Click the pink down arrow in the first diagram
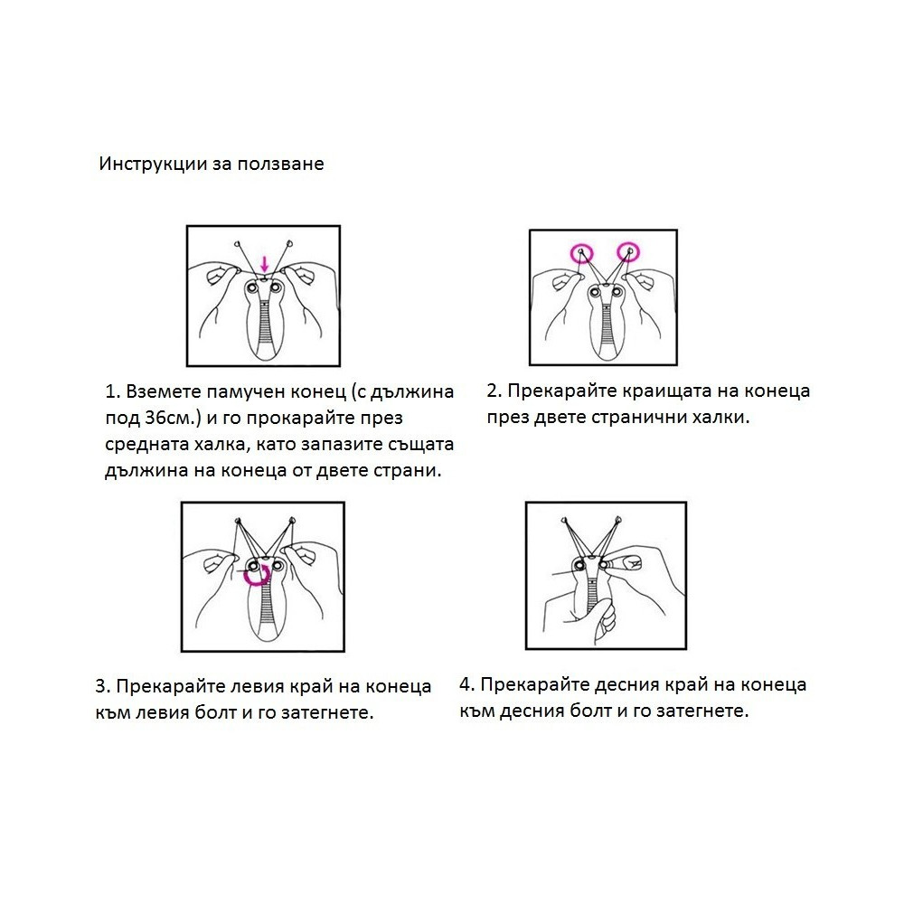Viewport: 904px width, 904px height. pyautogui.click(x=264, y=265)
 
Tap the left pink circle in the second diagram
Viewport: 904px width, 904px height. pyautogui.click(x=581, y=253)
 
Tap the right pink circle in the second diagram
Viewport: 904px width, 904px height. pyautogui.click(x=628, y=252)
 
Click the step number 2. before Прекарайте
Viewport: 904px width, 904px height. pyautogui.click(x=494, y=391)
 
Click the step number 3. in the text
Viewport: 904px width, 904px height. pyautogui.click(x=103, y=686)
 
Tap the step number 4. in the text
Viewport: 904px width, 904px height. pyautogui.click(x=467, y=684)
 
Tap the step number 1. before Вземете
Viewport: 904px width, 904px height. pyautogui.click(x=112, y=392)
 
